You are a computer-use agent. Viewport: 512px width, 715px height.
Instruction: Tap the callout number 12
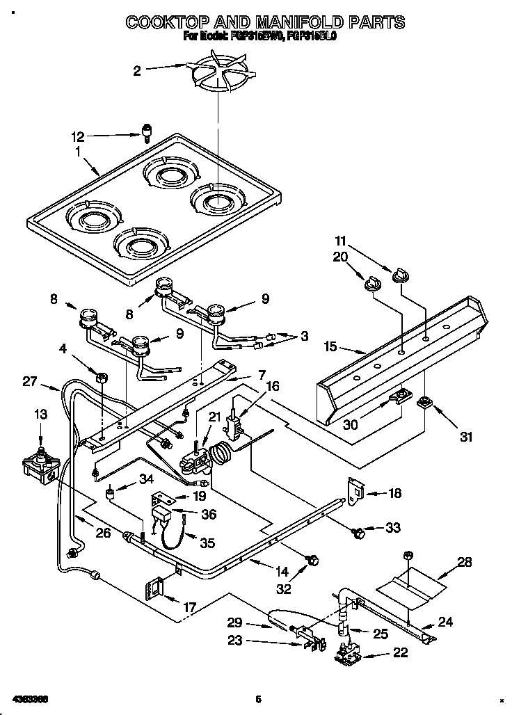[x=78, y=136]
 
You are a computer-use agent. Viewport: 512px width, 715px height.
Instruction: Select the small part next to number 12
[x=147, y=131]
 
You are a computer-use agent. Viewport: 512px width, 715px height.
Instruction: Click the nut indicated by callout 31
[x=422, y=403]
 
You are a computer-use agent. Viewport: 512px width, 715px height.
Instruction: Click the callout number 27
[x=29, y=381]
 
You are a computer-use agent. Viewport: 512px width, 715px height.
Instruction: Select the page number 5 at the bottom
[x=257, y=699]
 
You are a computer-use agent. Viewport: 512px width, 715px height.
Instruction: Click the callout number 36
[x=207, y=515]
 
